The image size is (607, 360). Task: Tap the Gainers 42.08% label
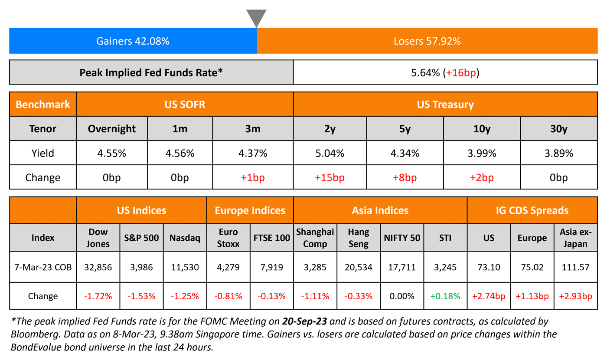click(133, 41)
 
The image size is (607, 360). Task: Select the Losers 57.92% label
click(427, 41)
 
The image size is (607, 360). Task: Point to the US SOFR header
click(185, 105)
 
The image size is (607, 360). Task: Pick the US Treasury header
click(445, 105)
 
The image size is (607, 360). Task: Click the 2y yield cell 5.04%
click(330, 153)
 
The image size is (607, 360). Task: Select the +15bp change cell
click(330, 177)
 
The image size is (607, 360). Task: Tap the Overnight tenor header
click(112, 129)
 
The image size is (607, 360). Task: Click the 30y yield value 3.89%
click(559, 153)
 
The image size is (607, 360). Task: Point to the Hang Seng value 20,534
click(358, 267)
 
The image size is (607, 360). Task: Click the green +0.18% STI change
click(445, 296)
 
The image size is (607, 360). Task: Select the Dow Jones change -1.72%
click(98, 296)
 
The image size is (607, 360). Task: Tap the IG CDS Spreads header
click(532, 211)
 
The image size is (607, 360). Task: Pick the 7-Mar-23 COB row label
click(43, 267)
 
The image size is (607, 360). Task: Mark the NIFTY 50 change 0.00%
click(402, 296)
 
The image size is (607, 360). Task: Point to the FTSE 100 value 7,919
click(272, 267)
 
